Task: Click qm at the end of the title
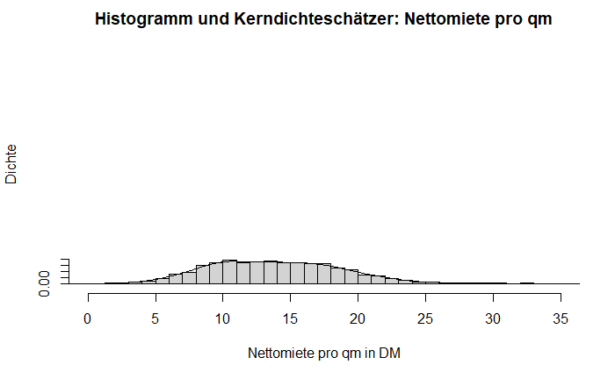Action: coord(540,18)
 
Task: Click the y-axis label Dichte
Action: coord(11,163)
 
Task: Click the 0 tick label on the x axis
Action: coord(88,320)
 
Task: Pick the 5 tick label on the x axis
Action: coord(156,320)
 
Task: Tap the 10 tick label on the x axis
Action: coord(223,320)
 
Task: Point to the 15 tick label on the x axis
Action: coord(291,320)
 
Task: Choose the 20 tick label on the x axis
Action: coord(358,320)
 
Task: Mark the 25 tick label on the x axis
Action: coord(425,320)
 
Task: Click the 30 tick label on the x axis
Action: coord(493,320)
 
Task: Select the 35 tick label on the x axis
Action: coord(561,320)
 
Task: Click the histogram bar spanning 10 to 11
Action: coord(230,272)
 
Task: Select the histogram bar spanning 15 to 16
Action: coord(297,273)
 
